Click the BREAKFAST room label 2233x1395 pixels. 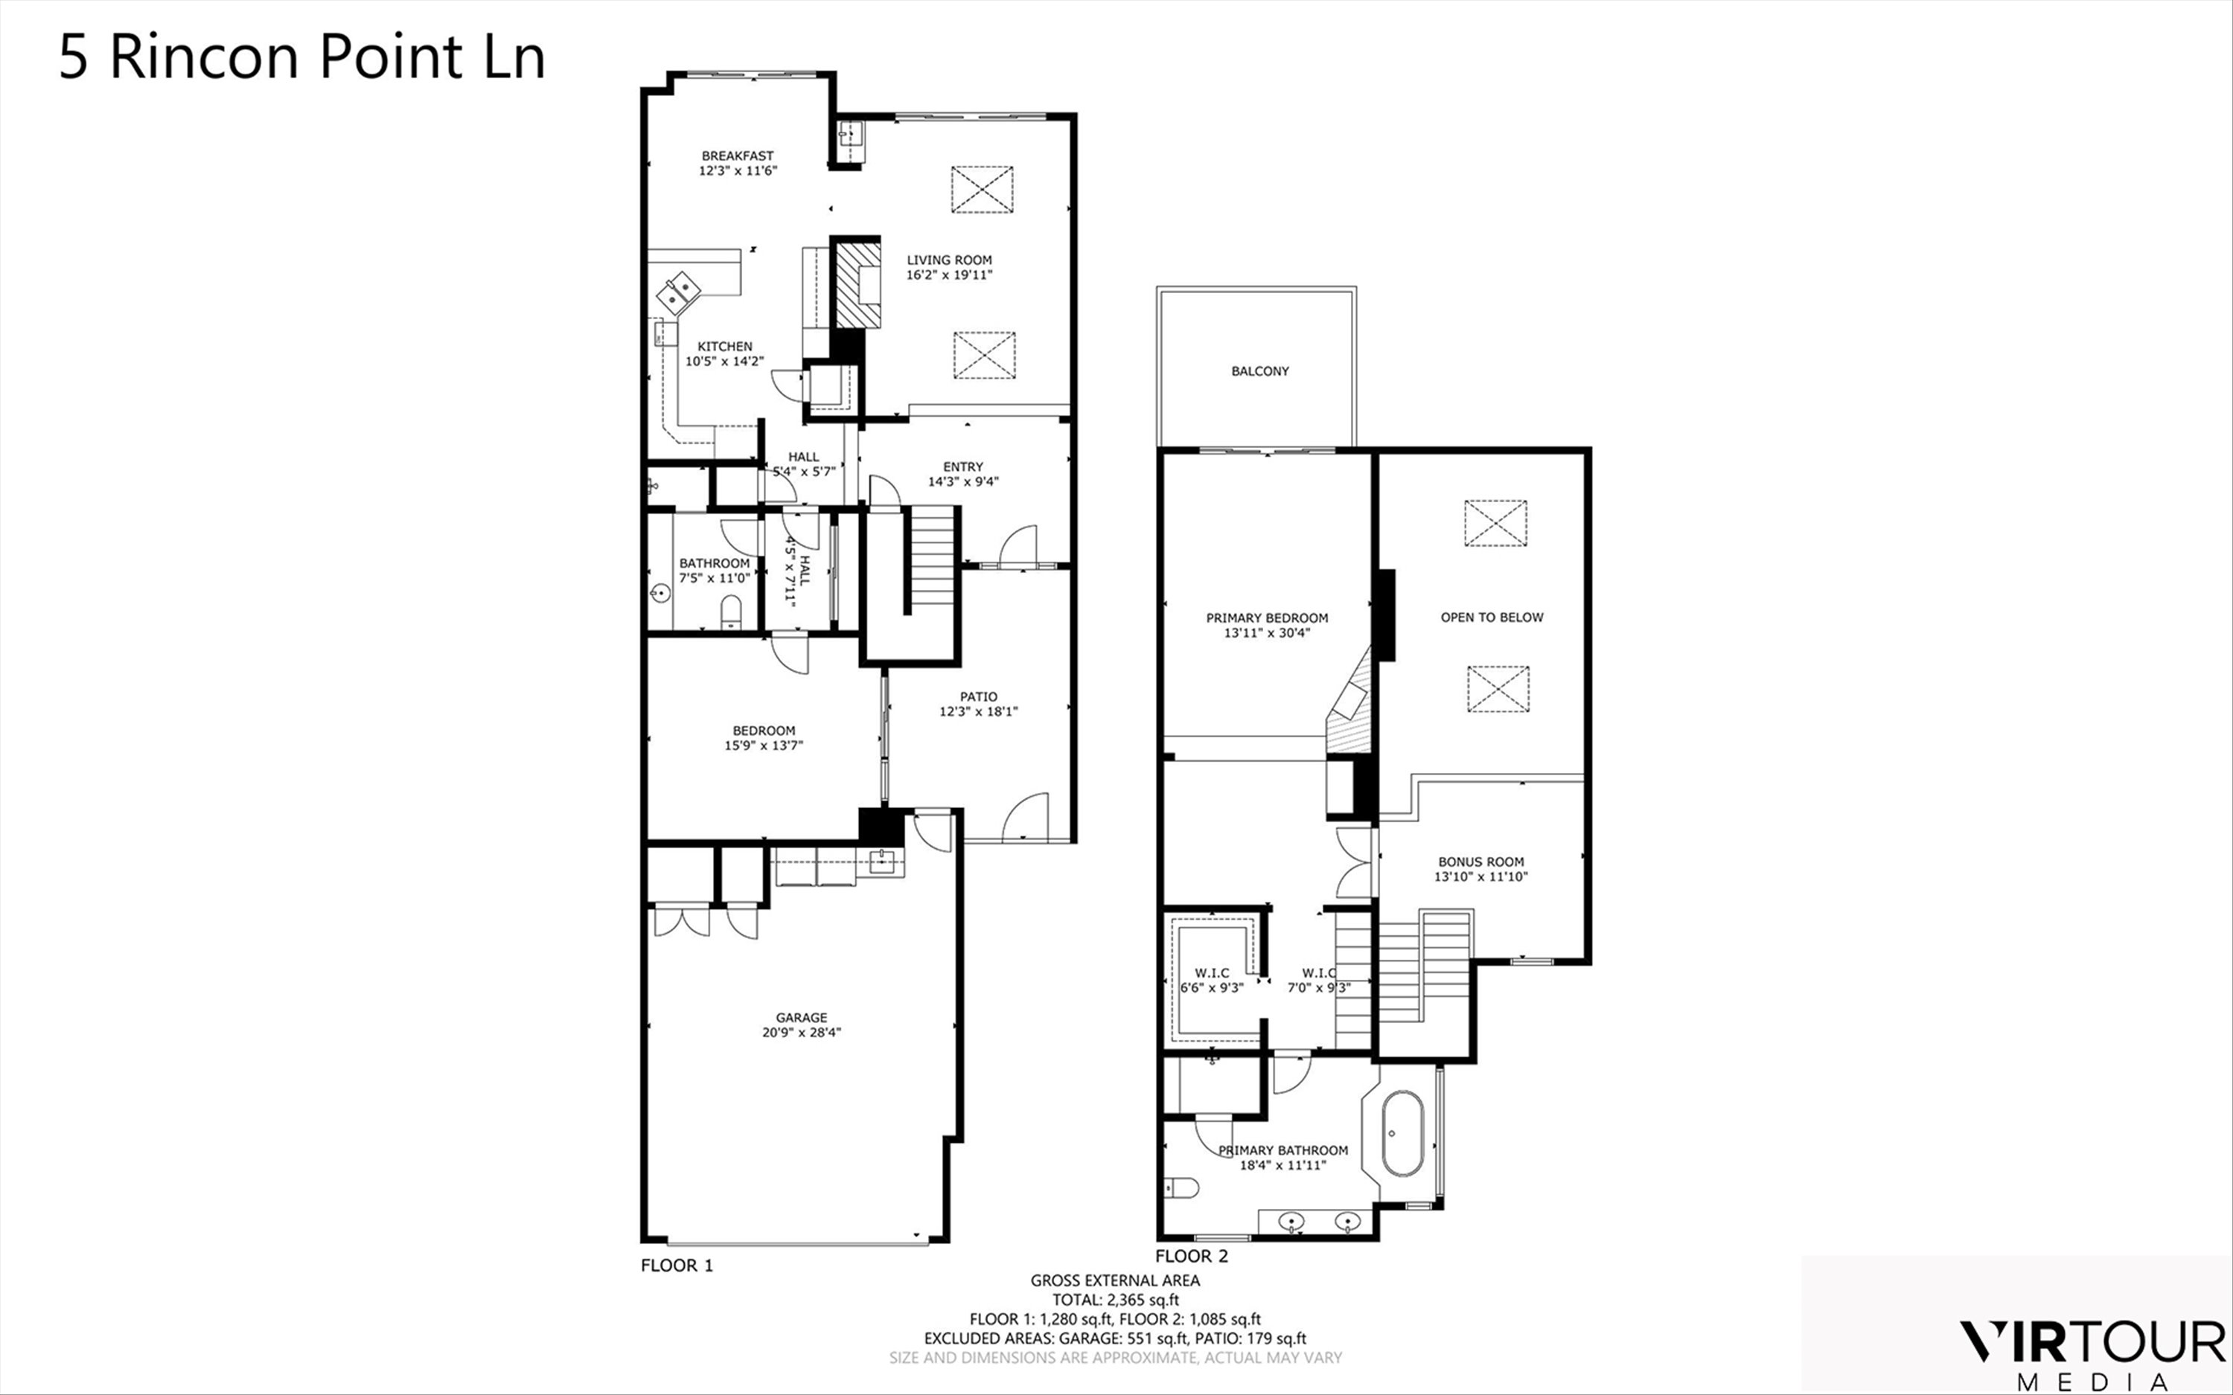click(737, 156)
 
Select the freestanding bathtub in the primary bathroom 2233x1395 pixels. click(1402, 1134)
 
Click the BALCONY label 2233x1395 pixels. click(1259, 371)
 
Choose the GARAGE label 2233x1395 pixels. click(801, 1018)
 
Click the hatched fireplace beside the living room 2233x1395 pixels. click(858, 284)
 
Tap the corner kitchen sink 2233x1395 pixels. click(681, 292)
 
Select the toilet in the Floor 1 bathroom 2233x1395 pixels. click(731, 610)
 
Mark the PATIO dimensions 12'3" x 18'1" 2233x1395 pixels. click(978, 711)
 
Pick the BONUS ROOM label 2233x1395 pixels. click(1481, 862)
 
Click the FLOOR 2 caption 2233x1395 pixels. click(1191, 1256)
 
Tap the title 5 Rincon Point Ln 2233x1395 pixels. click(301, 57)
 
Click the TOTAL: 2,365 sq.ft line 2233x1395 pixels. click(1116, 1299)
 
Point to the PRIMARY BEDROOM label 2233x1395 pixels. click(1267, 618)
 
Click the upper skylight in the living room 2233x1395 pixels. click(982, 189)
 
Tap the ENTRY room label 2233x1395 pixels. click(962, 466)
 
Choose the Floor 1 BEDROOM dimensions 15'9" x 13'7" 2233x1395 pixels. click(763, 745)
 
